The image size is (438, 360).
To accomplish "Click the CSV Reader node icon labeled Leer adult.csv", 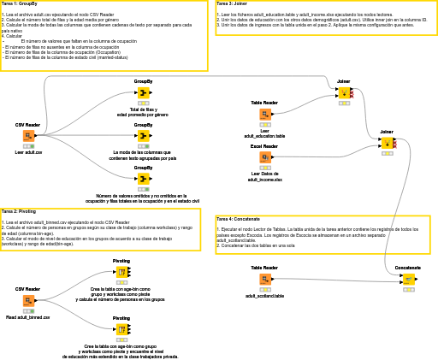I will tap(28, 136).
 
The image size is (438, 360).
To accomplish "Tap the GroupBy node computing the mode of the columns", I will tap(143, 135).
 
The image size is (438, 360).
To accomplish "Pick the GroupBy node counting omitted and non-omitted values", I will tap(143, 180).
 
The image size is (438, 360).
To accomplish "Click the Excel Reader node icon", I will tap(265, 157).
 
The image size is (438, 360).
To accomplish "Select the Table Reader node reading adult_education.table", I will tap(265, 114).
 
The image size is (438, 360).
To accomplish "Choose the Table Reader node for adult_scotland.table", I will tap(265, 279).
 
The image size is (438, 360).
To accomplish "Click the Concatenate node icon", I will tap(408, 279).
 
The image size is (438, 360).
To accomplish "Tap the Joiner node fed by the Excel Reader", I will tap(387, 143).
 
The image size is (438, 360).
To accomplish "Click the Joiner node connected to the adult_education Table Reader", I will tap(344, 92).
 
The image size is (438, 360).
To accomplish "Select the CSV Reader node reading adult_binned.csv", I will tap(28, 301).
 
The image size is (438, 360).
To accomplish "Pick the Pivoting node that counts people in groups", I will tap(121, 272).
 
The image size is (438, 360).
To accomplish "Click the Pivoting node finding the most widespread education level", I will tap(121, 329).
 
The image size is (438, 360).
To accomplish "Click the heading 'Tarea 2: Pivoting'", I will tap(19, 211).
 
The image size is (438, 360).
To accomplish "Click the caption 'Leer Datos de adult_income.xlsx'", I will tap(265, 176).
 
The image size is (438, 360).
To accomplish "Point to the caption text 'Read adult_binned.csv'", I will tap(28, 317).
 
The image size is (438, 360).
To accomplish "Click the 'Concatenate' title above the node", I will tap(408, 267).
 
